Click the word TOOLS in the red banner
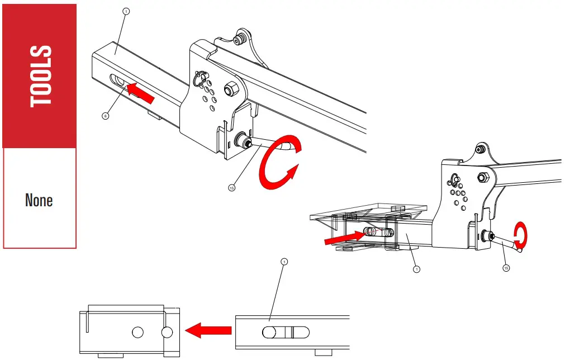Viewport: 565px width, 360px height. click(40, 76)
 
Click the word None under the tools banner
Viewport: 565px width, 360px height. click(39, 200)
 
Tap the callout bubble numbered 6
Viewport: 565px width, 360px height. click(105, 116)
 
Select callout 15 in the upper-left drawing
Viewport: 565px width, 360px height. click(232, 187)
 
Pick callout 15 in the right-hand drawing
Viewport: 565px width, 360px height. click(506, 268)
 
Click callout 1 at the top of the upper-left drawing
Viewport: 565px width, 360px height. click(126, 11)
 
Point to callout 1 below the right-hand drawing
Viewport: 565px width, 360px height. click(416, 269)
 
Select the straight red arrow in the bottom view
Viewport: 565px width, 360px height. click(207, 330)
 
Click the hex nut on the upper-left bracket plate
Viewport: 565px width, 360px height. click(230, 89)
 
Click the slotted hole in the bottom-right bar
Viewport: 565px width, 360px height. click(284, 332)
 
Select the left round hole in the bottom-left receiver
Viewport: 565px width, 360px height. click(137, 333)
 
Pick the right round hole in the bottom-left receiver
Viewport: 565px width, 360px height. click(167, 333)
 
